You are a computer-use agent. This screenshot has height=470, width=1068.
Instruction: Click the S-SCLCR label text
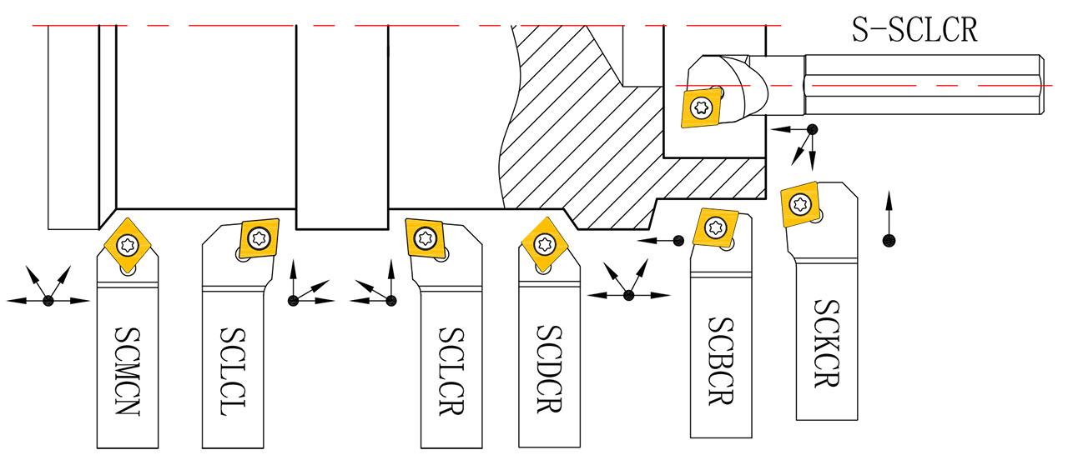[x=914, y=30]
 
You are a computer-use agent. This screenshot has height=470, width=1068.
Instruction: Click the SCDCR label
[x=548, y=367]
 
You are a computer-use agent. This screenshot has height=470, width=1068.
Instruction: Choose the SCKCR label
[x=825, y=342]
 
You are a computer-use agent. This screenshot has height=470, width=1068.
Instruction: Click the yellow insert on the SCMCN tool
[x=128, y=243]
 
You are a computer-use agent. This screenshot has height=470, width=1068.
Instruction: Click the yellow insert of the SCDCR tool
[x=546, y=243]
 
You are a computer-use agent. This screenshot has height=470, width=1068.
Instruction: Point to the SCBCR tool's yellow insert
[x=716, y=227]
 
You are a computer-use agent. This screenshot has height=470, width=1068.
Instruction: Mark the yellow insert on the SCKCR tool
[x=802, y=202]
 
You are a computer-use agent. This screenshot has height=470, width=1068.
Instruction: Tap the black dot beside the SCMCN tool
[x=48, y=300]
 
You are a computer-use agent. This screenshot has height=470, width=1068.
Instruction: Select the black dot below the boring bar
[x=811, y=129]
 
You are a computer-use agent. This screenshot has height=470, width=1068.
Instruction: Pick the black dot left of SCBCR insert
[x=678, y=241]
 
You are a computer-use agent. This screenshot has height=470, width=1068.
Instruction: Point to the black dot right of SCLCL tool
[x=293, y=300]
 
